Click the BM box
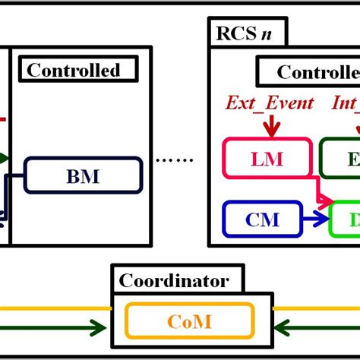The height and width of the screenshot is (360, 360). click(x=84, y=175)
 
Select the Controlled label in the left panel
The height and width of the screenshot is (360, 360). click(x=74, y=71)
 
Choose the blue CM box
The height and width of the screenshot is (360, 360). click(x=262, y=220)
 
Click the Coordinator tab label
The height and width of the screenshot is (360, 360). click(x=174, y=280)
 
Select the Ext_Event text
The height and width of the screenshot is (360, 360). click(x=270, y=103)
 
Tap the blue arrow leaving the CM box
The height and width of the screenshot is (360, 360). click(x=315, y=220)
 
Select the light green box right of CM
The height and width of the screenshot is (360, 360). click(x=345, y=220)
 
